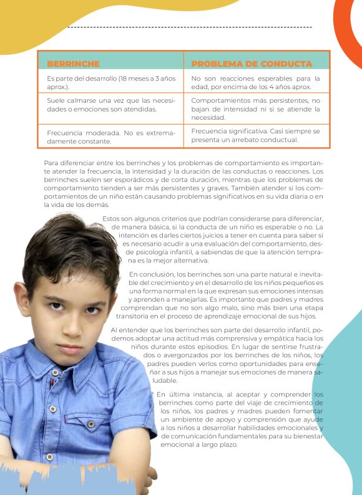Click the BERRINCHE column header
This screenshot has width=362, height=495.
[73, 64]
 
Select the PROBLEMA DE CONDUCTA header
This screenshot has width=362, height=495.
[252, 64]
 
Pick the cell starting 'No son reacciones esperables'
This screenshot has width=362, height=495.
[255, 83]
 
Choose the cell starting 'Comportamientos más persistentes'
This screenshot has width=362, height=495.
[255, 108]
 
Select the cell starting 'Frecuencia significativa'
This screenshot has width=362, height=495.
[255, 135]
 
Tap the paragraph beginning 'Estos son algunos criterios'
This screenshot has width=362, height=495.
[218, 239]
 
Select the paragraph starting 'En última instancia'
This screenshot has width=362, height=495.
[240, 419]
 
